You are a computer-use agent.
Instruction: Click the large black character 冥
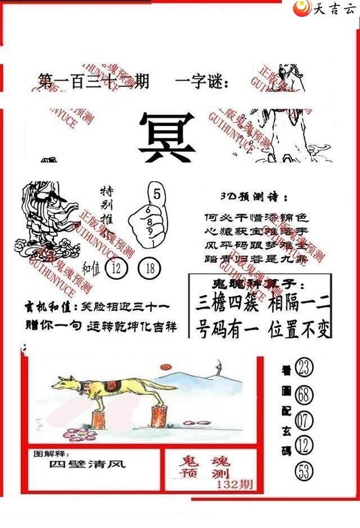click(167, 137)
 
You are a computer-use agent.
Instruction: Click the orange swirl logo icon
click(304, 8)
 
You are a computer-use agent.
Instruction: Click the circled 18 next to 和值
click(150, 268)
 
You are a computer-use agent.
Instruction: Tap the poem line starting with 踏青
click(256, 259)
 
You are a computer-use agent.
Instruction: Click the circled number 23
click(304, 368)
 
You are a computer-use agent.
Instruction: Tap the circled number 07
click(304, 420)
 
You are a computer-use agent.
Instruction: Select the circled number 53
click(304, 472)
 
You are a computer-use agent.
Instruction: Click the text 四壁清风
click(87, 464)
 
